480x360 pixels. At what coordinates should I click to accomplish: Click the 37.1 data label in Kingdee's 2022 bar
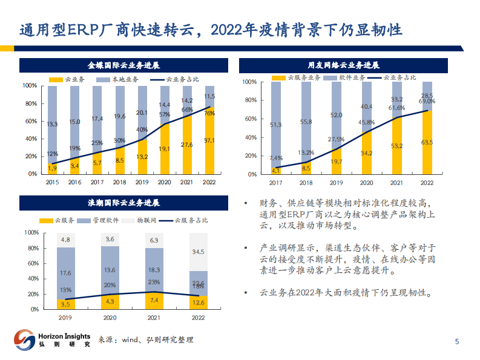[x=209, y=140]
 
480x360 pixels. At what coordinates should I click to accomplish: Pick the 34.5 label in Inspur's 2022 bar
[x=198, y=251]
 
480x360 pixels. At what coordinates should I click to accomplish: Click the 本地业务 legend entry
[x=123, y=79]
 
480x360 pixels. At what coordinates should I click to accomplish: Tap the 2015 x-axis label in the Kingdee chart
[x=53, y=182]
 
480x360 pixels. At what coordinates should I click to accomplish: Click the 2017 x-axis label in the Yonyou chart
[x=276, y=182]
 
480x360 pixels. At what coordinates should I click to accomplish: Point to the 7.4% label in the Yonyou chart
[x=276, y=157]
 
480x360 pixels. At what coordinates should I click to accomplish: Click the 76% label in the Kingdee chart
[x=209, y=113]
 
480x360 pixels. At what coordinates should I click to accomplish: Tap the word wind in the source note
[x=131, y=340]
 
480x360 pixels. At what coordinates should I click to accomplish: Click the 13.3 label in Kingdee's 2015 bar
[x=53, y=124]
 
